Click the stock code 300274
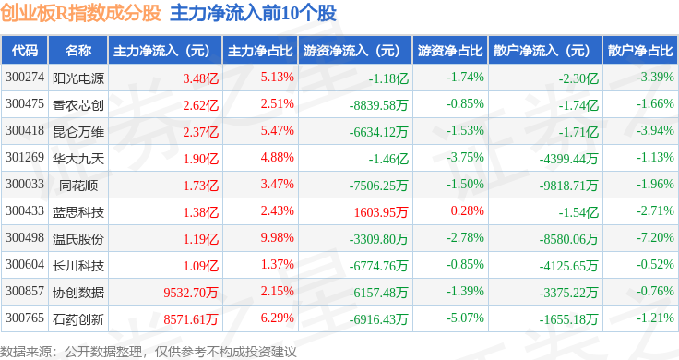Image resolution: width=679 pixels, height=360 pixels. (x=25, y=78)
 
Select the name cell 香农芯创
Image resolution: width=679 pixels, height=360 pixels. (x=78, y=105)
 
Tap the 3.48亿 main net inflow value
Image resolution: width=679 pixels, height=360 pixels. (x=200, y=78)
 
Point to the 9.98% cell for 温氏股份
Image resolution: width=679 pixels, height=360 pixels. (x=277, y=237)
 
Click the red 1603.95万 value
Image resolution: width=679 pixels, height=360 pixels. (x=381, y=212)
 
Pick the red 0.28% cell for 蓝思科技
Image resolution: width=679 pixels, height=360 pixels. (x=467, y=210)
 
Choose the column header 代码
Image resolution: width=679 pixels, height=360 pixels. (x=25, y=51)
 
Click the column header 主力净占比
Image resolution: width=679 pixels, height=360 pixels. (x=260, y=51)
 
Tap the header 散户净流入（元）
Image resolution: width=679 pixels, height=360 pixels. (x=545, y=51)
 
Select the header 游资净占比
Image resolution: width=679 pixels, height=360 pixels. (x=450, y=51)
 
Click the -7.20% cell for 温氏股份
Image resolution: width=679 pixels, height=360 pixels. (x=655, y=237)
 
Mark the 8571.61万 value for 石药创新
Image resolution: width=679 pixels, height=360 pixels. (x=191, y=319)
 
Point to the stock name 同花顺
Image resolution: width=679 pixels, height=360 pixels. (x=78, y=186)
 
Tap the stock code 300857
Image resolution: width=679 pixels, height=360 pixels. (x=25, y=291)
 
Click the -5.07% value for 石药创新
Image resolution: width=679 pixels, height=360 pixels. (x=465, y=318)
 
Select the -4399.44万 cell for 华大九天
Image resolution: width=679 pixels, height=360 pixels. (x=568, y=159)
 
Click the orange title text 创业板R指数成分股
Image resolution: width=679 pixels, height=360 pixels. (x=80, y=13)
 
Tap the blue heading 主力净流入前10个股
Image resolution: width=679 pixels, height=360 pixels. (x=253, y=13)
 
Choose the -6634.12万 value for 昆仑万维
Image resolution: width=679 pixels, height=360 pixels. (x=379, y=132)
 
